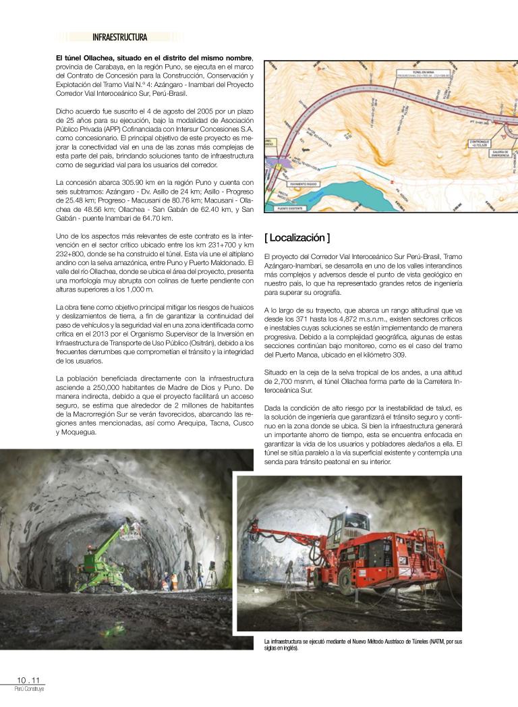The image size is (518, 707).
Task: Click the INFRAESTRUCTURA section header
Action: pyautogui.click(x=120, y=37)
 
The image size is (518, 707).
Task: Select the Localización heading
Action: pyautogui.click(x=297, y=237)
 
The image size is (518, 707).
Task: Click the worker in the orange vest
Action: pyautogui.click(x=175, y=582)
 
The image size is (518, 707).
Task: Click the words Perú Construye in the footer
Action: pyautogui.click(x=29, y=689)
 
